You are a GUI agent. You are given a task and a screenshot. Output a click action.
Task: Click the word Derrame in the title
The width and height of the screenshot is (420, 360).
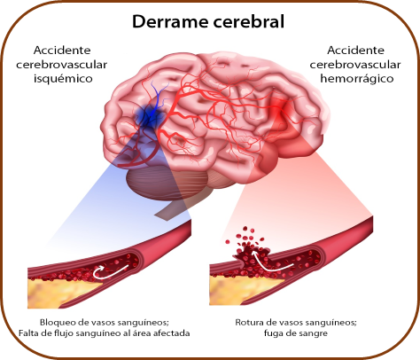[170, 21]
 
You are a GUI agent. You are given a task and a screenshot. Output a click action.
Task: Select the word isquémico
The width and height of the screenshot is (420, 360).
[63, 79]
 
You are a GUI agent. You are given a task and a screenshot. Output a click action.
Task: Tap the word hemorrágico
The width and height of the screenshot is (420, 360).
[357, 79]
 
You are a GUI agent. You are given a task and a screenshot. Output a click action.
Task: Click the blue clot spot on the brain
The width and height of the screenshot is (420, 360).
[149, 117]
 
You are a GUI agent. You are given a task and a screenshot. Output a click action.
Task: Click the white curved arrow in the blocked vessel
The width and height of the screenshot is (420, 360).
[110, 272]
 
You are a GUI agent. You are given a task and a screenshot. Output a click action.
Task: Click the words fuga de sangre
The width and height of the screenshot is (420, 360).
[296, 333]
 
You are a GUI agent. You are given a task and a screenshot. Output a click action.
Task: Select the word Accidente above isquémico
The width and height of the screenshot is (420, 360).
[62, 51]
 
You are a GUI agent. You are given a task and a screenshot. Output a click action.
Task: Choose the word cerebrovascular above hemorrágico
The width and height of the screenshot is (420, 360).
[355, 65]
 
